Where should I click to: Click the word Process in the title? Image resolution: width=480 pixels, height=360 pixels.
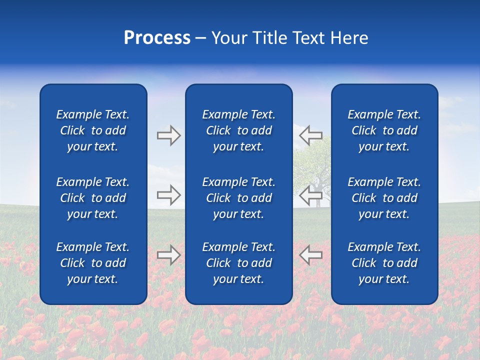(157, 38)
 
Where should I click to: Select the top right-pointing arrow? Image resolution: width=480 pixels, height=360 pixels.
(169, 135)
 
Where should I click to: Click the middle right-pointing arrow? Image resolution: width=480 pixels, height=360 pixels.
(169, 195)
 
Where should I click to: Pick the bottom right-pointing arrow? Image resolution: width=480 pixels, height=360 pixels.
(169, 255)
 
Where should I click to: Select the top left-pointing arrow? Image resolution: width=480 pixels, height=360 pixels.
(310, 135)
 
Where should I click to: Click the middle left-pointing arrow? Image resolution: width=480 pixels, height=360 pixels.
(310, 195)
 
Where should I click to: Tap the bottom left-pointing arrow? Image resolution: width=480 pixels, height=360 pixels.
(310, 255)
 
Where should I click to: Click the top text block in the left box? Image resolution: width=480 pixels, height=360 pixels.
(93, 130)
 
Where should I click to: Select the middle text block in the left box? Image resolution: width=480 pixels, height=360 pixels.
(93, 198)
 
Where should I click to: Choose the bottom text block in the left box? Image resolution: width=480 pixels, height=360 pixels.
(93, 263)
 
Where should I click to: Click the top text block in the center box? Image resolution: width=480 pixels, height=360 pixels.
(238, 130)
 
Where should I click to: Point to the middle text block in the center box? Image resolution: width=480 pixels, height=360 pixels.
(238, 198)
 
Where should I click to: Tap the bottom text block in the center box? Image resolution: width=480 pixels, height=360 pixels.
(238, 263)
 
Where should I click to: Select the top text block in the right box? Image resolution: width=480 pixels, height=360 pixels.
(384, 130)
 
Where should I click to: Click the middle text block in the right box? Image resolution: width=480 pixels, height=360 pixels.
(384, 198)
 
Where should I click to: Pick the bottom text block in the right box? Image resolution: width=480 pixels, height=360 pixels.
(384, 263)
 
